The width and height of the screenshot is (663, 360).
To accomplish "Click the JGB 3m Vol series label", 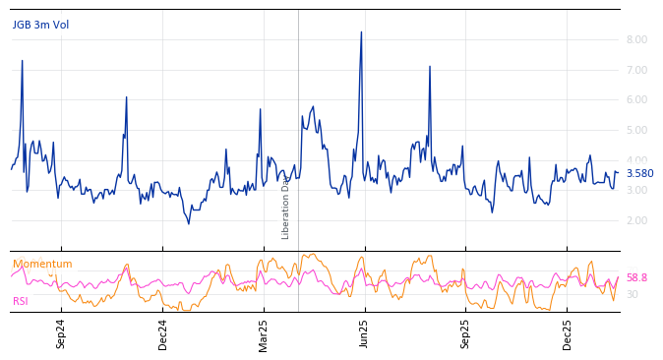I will coord(40,26).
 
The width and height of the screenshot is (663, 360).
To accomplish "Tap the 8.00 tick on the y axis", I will coord(636,40).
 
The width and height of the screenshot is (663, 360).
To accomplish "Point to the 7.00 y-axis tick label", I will coord(636,70).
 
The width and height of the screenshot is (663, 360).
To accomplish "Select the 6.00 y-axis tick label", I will coord(636,100).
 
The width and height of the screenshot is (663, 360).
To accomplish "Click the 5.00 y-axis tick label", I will coord(636,130).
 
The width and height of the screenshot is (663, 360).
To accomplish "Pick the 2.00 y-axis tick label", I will coord(636,220).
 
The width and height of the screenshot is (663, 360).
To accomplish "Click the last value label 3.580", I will coord(639,174).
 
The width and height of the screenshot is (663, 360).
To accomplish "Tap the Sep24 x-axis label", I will coord(61,333).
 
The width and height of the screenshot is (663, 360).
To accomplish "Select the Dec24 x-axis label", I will coord(163,333).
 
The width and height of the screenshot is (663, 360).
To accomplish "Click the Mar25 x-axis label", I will coord(264,333).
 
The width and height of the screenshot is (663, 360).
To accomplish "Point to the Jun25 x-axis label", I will coord(365,333).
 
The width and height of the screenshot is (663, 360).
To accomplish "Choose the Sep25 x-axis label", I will coord(466,333).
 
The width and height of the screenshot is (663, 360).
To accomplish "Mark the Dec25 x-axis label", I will coord(568,333).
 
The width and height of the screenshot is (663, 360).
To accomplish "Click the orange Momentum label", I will coord(42,265).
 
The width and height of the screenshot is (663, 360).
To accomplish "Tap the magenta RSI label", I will coord(21,302).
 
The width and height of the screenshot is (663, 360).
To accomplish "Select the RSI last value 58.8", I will coord(636,278).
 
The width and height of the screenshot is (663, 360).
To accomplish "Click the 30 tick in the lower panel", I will coord(633,294).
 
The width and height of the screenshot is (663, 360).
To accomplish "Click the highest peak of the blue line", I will coord(361,32).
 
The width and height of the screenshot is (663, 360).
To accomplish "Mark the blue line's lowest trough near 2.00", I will coord(189,223).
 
